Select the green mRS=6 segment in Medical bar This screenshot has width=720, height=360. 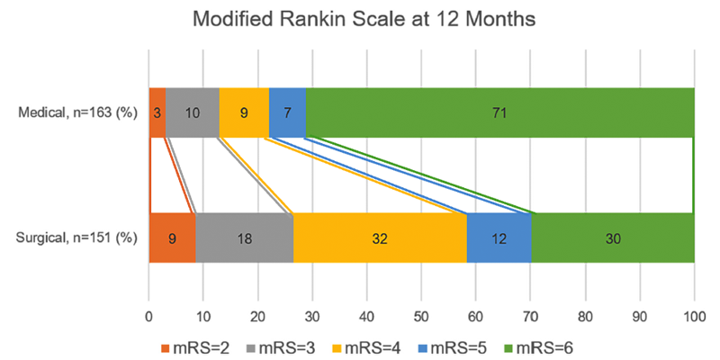[x=499, y=112]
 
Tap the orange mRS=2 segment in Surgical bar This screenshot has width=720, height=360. [x=172, y=238]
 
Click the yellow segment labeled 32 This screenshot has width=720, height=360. [x=380, y=238]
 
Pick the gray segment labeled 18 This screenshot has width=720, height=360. [x=244, y=238]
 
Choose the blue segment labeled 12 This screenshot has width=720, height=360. [x=499, y=238]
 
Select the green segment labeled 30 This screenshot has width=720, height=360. [x=613, y=238]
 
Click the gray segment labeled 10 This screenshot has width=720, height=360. [x=193, y=112]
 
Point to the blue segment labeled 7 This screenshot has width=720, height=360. [x=287, y=112]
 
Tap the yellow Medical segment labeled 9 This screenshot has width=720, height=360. [x=244, y=112]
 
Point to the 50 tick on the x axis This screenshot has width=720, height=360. [x=421, y=316]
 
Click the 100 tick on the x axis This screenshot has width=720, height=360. [x=694, y=316]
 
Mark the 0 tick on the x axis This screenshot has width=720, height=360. [x=148, y=316]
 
